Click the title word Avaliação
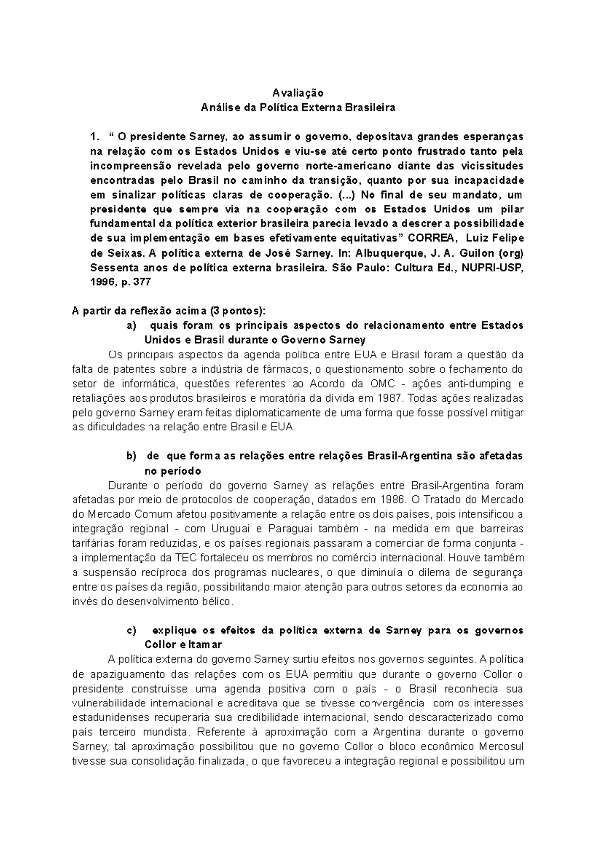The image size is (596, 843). click(x=298, y=93)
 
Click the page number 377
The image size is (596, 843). click(x=142, y=281)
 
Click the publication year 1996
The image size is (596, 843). click(x=99, y=281)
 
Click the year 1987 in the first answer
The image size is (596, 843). click(x=387, y=398)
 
